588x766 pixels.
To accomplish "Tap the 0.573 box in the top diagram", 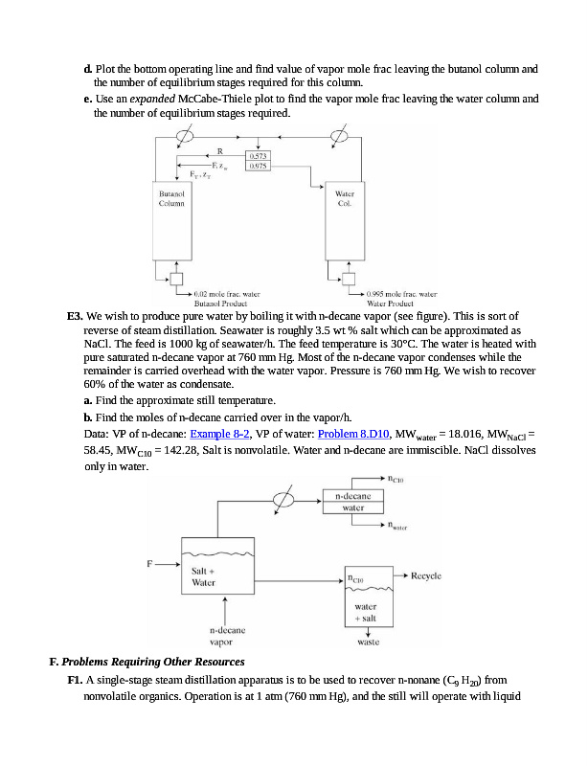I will click(x=258, y=154).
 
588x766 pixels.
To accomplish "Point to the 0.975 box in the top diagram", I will click(x=258, y=165).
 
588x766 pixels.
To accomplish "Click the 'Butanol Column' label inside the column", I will click(x=171, y=198).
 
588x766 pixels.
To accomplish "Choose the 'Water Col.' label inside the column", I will click(x=345, y=198).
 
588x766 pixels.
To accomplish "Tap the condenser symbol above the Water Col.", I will click(x=337, y=136).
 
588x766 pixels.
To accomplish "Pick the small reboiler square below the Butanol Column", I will click(x=176, y=280).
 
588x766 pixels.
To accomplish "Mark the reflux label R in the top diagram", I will click(x=219, y=150).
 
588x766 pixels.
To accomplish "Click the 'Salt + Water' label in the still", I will click(x=204, y=576).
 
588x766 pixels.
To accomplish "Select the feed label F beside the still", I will click(x=148, y=562).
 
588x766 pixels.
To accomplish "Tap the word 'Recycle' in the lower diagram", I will click(x=425, y=575).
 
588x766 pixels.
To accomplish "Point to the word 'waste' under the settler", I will click(x=368, y=642).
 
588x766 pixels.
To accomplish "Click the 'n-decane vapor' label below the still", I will click(x=227, y=636).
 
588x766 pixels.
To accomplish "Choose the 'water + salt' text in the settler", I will click(x=366, y=612).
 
